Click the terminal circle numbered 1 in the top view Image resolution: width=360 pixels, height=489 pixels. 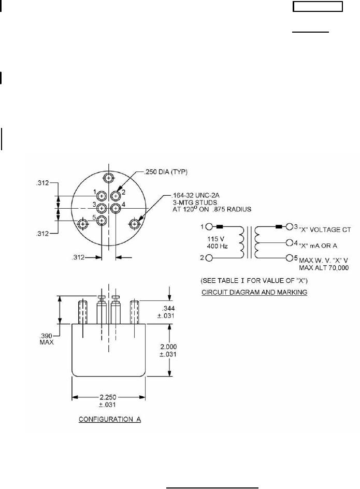[102, 196]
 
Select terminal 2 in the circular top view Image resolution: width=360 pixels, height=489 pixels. [116, 196]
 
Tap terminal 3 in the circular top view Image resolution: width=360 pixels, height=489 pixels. [102, 208]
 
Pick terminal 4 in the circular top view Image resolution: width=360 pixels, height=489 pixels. [116, 208]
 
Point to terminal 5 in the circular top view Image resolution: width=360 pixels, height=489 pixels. [102, 221]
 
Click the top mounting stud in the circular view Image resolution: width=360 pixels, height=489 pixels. [109, 178]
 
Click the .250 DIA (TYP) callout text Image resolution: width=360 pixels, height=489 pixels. [165, 172]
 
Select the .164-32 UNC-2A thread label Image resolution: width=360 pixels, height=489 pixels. [195, 195]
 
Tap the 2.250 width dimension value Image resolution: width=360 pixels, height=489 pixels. [108, 397]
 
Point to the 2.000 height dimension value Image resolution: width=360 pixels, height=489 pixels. [168, 347]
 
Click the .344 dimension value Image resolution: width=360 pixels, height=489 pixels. [169, 308]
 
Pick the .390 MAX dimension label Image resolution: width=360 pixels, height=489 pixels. [47, 339]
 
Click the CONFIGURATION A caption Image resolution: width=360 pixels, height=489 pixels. [110, 419]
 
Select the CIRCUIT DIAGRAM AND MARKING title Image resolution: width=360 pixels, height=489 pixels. [254, 292]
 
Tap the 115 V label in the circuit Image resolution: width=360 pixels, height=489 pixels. [216, 239]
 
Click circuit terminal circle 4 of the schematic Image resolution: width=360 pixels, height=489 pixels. [289, 242]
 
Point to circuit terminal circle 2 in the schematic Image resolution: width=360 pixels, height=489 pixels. [209, 258]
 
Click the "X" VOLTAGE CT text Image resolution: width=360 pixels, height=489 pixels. [325, 230]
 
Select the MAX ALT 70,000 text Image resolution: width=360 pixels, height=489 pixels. [324, 268]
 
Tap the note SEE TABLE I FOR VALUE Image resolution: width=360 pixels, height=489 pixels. [254, 280]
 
